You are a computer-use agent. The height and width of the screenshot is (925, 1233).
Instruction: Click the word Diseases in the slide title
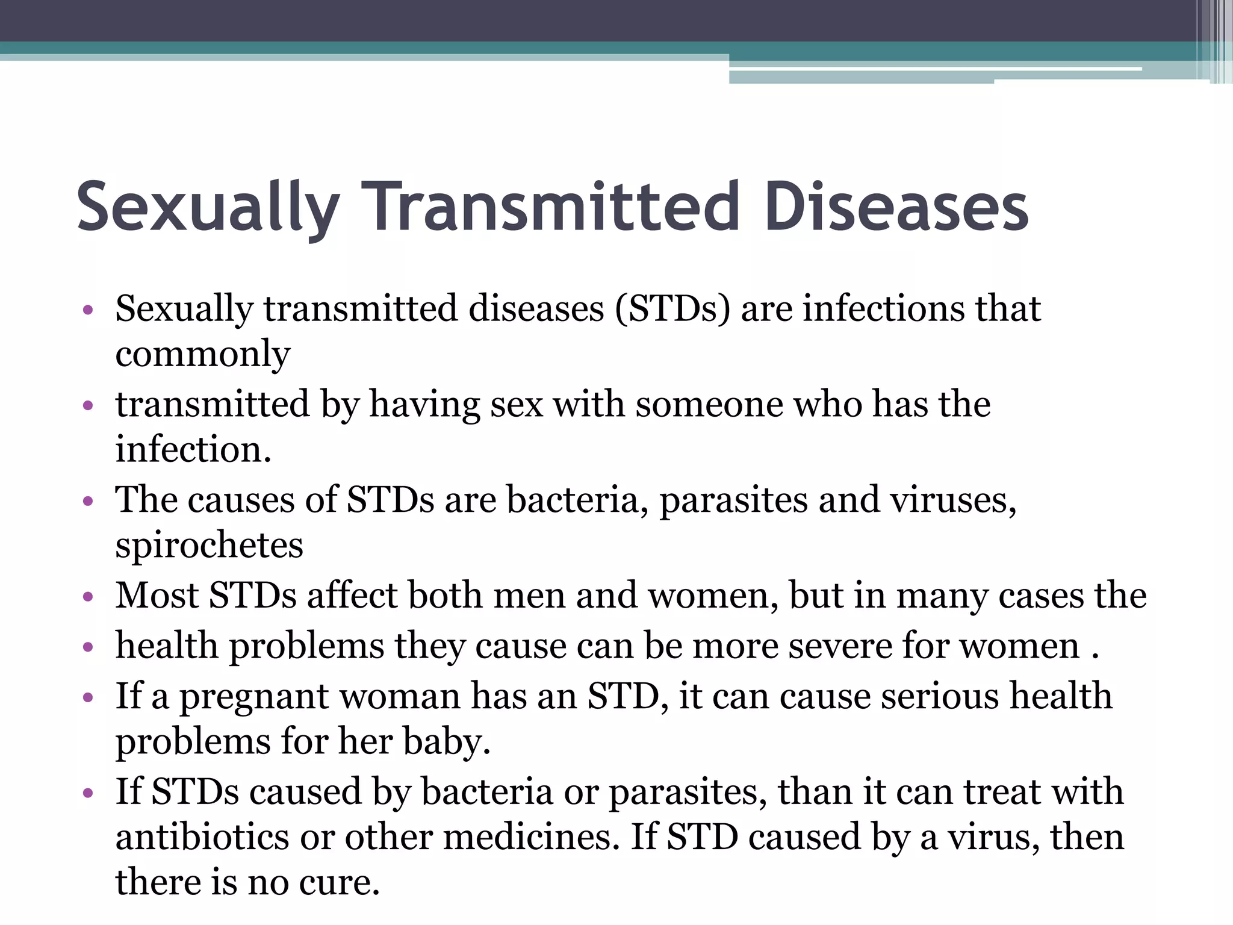coord(896,207)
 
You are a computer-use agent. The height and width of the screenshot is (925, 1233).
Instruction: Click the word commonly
coord(203,354)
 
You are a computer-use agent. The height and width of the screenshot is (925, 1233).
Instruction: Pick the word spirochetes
coord(209,546)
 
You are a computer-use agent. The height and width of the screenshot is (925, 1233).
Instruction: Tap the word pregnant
coord(255,697)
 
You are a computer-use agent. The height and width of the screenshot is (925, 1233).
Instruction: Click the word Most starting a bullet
coord(157,596)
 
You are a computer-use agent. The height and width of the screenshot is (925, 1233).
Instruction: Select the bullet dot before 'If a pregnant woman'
coord(89,697)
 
